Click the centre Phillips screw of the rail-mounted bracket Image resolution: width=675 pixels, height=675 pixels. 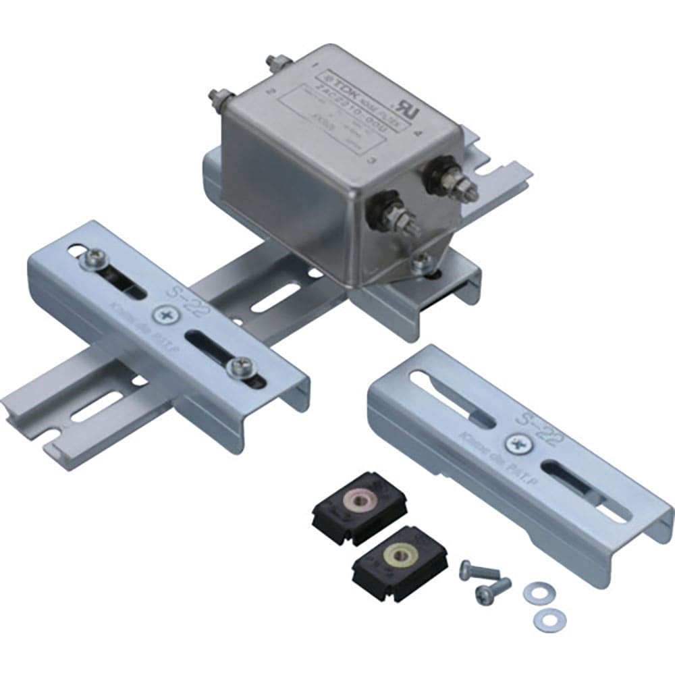click(165, 316)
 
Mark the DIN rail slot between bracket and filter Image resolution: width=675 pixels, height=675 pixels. click(275, 296)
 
